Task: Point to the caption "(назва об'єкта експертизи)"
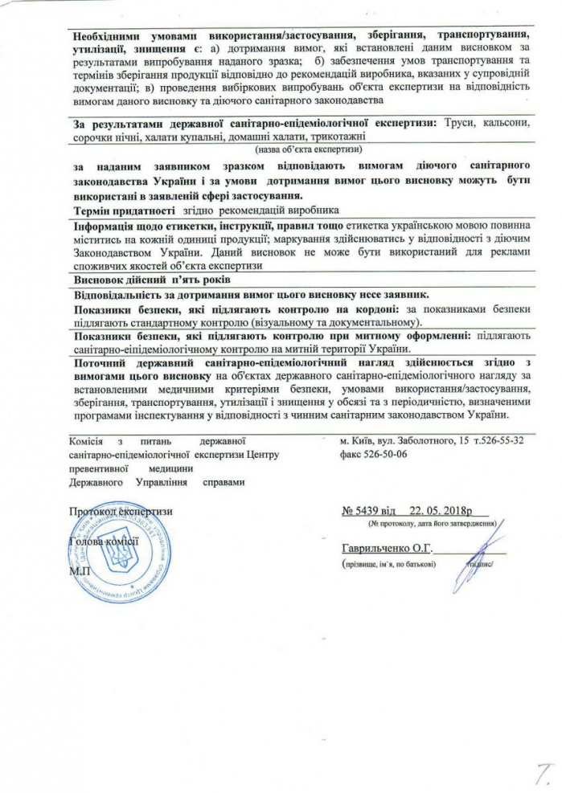[309, 149]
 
